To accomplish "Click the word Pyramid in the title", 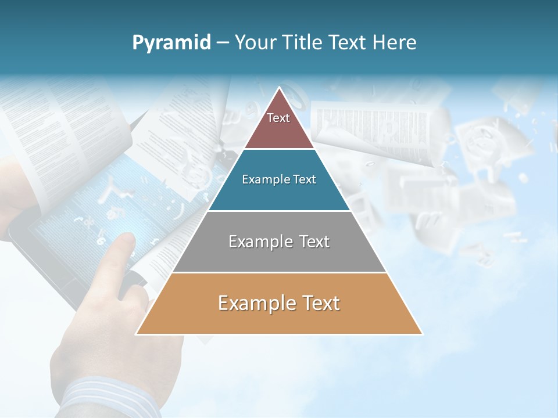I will coord(171,43).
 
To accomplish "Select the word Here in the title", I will coord(395,42).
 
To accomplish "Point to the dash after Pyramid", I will coord(222,43).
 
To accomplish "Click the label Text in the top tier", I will coord(278,118).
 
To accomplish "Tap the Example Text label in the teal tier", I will coord(279,179).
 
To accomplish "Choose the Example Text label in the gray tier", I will coord(279,242).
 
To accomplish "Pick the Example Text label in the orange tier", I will coord(279,303).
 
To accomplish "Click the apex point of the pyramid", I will coord(280,88).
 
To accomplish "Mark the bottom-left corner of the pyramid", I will coord(137,334).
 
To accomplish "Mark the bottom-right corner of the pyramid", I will coord(422,334).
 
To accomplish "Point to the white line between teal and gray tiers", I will coord(279,211).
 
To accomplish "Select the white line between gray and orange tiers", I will coord(279,272).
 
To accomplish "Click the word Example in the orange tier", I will coord(253,303).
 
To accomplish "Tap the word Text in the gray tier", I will coord(312,242).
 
